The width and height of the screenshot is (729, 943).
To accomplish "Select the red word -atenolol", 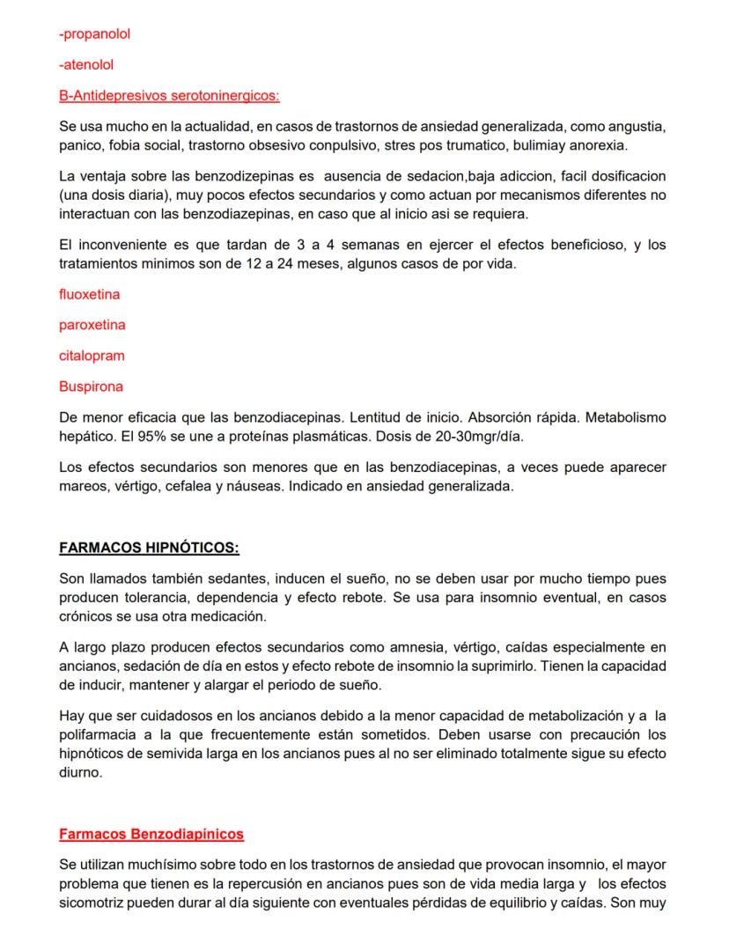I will (86, 64).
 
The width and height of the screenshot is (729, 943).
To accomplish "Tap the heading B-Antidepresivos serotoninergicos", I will (169, 94).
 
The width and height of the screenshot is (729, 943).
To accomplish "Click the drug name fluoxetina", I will (89, 294).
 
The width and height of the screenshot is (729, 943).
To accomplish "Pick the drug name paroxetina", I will (92, 325).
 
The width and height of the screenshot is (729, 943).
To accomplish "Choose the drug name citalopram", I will (92, 356).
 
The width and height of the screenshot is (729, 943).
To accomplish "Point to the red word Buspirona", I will (91, 387).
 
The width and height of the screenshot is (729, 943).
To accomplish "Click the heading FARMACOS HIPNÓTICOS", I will (149, 548).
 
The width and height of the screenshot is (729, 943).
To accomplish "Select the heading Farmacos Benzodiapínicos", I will (151, 834).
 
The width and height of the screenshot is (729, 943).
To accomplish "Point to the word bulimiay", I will (536, 144).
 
